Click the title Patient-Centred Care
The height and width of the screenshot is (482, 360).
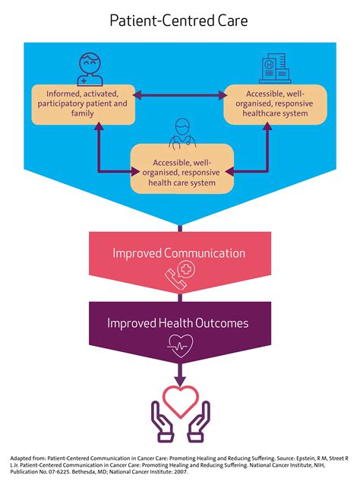point(180,21)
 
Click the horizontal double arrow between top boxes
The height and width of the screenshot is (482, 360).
point(180,96)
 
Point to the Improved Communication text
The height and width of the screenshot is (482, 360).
point(179,252)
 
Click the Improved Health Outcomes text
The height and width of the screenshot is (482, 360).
point(179,323)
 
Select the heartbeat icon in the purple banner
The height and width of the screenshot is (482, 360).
point(179,347)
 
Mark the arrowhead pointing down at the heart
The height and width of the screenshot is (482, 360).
point(180,379)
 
